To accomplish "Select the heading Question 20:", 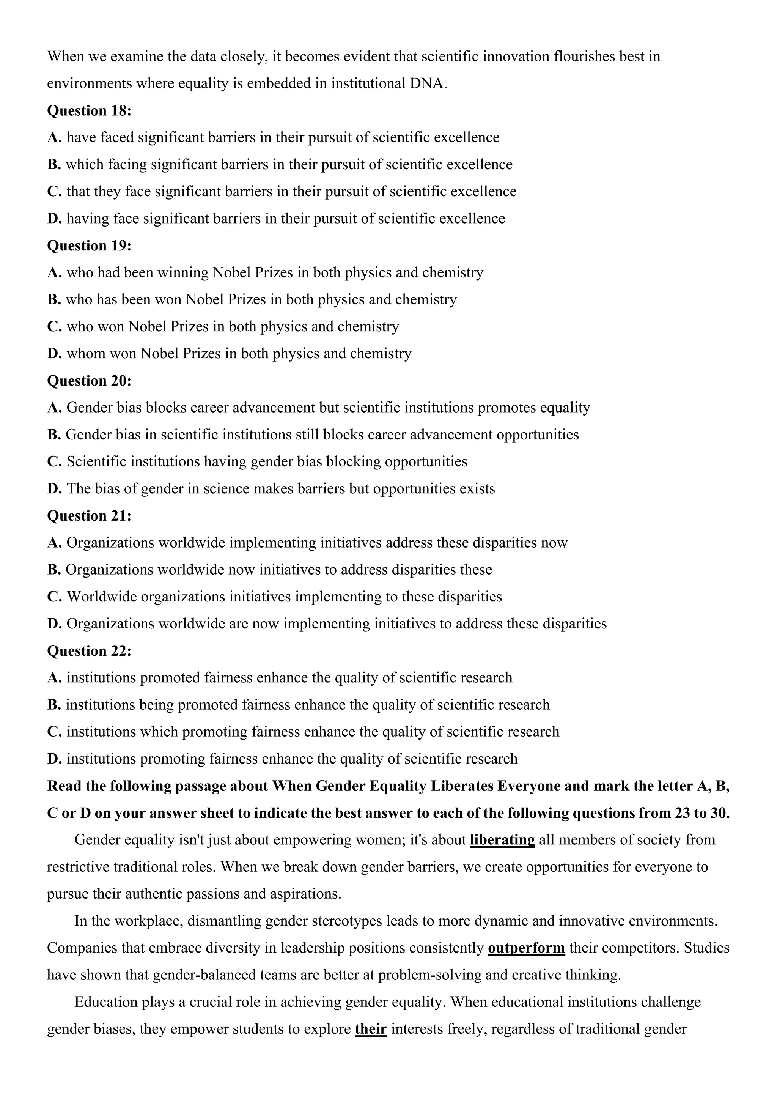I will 89,381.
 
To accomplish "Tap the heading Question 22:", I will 89,650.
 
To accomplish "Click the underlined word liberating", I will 502,839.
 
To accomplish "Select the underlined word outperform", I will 526,948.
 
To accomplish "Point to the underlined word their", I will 370,1029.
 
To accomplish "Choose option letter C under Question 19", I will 54,326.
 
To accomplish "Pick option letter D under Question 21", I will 54,624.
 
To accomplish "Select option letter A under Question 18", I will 54,138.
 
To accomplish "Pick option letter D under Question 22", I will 54,759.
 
